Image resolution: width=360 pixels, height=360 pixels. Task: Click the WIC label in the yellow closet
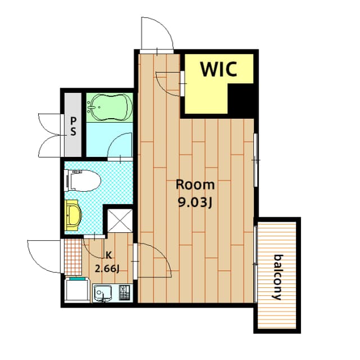pos(220,70)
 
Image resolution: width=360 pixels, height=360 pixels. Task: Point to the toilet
pos(83,182)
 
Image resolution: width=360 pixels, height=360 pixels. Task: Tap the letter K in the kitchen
pos(108,254)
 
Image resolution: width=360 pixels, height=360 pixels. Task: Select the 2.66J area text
pos(108,268)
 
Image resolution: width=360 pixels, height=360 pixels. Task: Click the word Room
pos(195,184)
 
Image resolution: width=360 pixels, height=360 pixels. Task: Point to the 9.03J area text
pos(195,202)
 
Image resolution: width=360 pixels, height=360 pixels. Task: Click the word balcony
pos(277,277)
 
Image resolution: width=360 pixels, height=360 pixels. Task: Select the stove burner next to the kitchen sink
pos(124,292)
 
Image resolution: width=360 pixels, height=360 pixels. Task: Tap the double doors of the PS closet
pos(51,136)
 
